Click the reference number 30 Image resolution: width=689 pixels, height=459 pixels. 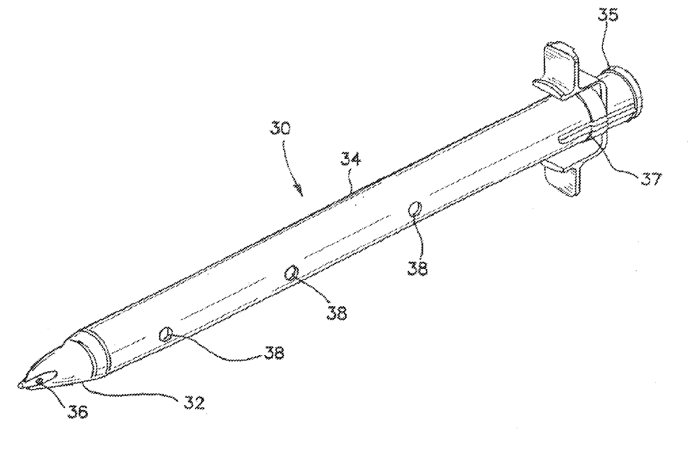click(x=279, y=128)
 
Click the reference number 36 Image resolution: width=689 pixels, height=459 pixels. click(x=78, y=412)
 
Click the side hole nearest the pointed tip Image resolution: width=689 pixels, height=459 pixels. click(x=164, y=334)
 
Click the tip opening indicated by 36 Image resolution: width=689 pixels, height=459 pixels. click(x=39, y=381)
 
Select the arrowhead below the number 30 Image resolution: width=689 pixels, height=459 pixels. click(x=300, y=192)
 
